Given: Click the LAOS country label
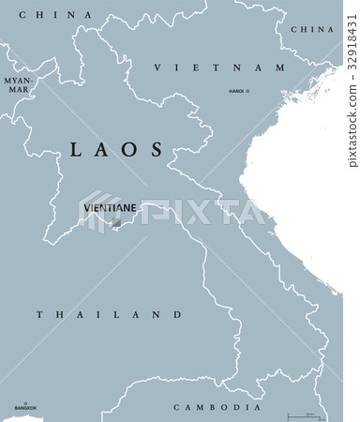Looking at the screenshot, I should tap(117, 148).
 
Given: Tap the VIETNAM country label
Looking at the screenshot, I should tap(218, 68).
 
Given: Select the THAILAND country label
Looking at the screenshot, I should tap(109, 314).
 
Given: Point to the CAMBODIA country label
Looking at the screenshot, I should tap(217, 407).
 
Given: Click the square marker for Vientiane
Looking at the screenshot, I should tap(116, 224).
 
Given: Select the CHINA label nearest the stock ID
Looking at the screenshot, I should tap(312, 30).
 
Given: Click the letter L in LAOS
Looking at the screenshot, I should tap(77, 148).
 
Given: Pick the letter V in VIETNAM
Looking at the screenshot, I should tap(157, 68).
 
